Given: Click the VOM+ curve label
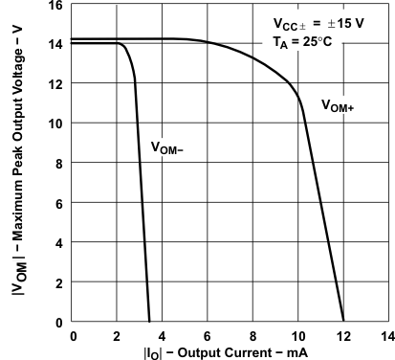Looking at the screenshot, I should [338, 106].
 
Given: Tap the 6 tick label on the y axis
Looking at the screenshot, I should [59, 203].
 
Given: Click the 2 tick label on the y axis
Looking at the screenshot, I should [59, 282].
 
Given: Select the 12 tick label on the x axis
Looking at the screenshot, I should [342, 335].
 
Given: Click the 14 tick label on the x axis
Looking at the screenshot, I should [386, 335].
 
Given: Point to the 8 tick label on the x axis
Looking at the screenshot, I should [252, 335].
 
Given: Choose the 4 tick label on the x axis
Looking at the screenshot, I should [163, 335].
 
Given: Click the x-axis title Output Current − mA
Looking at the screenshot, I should [230, 351].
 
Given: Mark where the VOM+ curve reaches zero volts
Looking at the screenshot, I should [342, 322].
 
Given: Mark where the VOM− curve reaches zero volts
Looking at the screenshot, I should [150, 322].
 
